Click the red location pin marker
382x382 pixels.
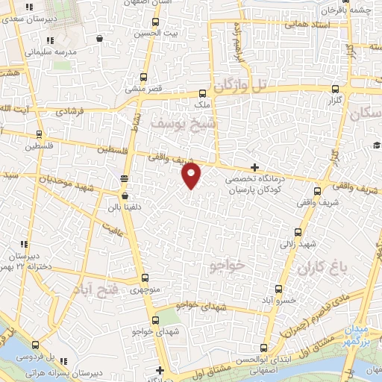192,175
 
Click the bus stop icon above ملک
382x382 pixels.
203,94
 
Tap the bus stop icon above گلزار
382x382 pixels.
334,86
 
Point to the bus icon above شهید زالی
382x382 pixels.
298,232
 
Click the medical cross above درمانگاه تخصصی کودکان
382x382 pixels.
255,167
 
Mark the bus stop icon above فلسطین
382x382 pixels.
39,134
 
